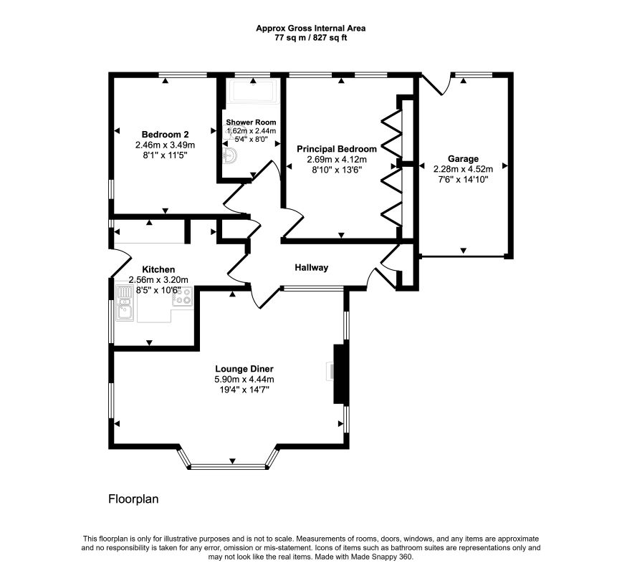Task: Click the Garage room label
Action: [x=463, y=159]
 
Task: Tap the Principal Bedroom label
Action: [x=337, y=149]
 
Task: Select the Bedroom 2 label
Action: [x=165, y=135]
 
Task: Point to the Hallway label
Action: [x=312, y=268]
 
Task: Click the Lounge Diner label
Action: [x=244, y=369]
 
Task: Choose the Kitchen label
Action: [x=158, y=269]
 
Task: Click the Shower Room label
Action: [x=251, y=122]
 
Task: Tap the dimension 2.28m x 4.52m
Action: [x=463, y=169]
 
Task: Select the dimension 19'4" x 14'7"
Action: [x=244, y=390]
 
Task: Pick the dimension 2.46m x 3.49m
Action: [x=165, y=145]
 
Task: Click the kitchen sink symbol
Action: [x=125, y=303]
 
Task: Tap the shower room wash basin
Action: [x=229, y=155]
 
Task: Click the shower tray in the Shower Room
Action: [x=253, y=92]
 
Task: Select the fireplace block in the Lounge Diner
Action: [x=339, y=374]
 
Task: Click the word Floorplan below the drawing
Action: [x=133, y=499]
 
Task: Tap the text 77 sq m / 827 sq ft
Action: [x=310, y=38]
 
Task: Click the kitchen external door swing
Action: [x=121, y=263]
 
